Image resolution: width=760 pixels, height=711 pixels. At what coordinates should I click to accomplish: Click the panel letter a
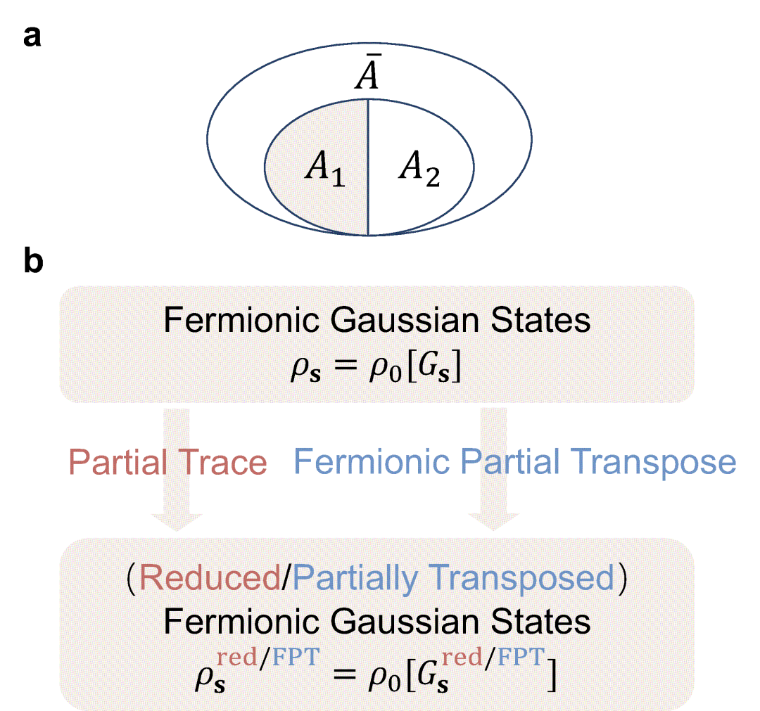pos(32,37)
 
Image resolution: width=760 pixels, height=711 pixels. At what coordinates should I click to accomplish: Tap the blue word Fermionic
pos(373,463)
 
